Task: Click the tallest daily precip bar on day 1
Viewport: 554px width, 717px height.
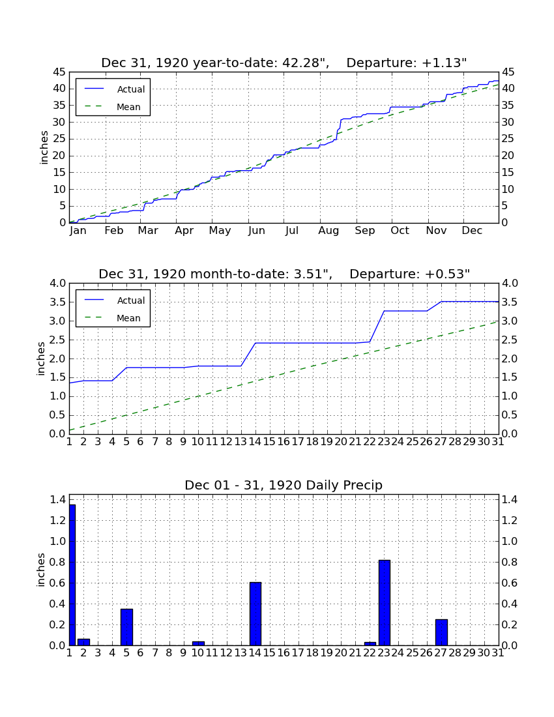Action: point(72,575)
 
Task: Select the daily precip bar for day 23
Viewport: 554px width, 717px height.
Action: point(385,603)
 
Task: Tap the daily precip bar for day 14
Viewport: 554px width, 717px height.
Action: point(255,613)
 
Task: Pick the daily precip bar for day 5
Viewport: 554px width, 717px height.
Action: point(126,627)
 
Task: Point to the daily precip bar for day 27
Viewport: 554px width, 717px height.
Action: point(441,632)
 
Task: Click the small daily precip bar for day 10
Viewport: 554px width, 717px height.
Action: point(198,643)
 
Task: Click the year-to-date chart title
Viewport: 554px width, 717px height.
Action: point(284,63)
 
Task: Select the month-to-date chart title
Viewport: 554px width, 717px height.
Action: point(284,274)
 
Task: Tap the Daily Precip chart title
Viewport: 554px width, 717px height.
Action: point(284,485)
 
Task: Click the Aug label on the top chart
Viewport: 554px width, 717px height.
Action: point(328,231)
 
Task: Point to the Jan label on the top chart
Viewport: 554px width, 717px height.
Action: point(78,231)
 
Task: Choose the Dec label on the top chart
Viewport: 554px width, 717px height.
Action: point(472,231)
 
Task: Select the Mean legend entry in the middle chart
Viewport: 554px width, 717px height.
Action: point(113,318)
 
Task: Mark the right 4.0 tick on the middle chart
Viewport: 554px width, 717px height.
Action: point(510,284)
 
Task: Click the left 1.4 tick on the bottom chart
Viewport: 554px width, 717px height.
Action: point(58,500)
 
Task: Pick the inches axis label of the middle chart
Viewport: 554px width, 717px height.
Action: point(41,359)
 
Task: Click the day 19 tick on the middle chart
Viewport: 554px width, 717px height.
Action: point(327,442)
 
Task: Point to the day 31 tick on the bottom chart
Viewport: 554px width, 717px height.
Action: point(498,653)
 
